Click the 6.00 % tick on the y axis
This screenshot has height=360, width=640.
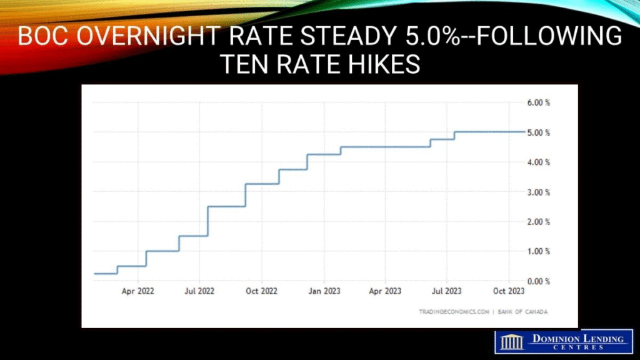(537, 102)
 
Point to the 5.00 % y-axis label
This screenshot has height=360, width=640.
(537, 132)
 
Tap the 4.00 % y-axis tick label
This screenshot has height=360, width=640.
(537, 162)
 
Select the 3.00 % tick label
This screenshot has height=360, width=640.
(537, 192)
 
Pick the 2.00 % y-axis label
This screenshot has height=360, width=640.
(537, 222)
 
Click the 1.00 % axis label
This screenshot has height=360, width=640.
(537, 251)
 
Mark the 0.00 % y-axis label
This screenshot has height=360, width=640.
(537, 281)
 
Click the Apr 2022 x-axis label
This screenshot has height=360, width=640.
(137, 291)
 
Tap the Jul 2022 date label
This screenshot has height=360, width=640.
(199, 291)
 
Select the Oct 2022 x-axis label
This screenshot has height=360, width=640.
(261, 291)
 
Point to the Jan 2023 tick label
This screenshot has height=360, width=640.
(324, 291)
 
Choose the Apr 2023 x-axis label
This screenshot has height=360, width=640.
(385, 291)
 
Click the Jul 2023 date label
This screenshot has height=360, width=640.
(447, 291)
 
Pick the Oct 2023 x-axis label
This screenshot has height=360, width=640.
(509, 291)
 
